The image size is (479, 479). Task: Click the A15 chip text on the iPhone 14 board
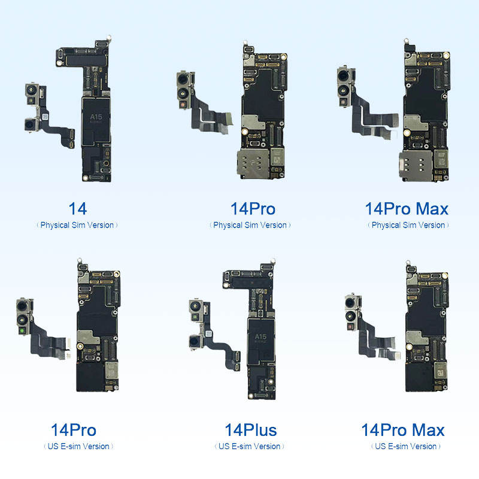96,117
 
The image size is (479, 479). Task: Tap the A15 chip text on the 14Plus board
260,336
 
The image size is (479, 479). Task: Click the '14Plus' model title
251,430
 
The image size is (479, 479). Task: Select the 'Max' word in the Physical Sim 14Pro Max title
432,209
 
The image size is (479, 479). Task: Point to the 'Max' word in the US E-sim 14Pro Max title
428,430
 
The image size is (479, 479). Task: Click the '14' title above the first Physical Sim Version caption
78,209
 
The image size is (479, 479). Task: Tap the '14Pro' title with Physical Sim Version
253,209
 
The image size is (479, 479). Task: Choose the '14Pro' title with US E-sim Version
74,430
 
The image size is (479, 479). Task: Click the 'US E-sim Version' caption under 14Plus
249,446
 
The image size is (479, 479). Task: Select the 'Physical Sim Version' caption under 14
77,225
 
